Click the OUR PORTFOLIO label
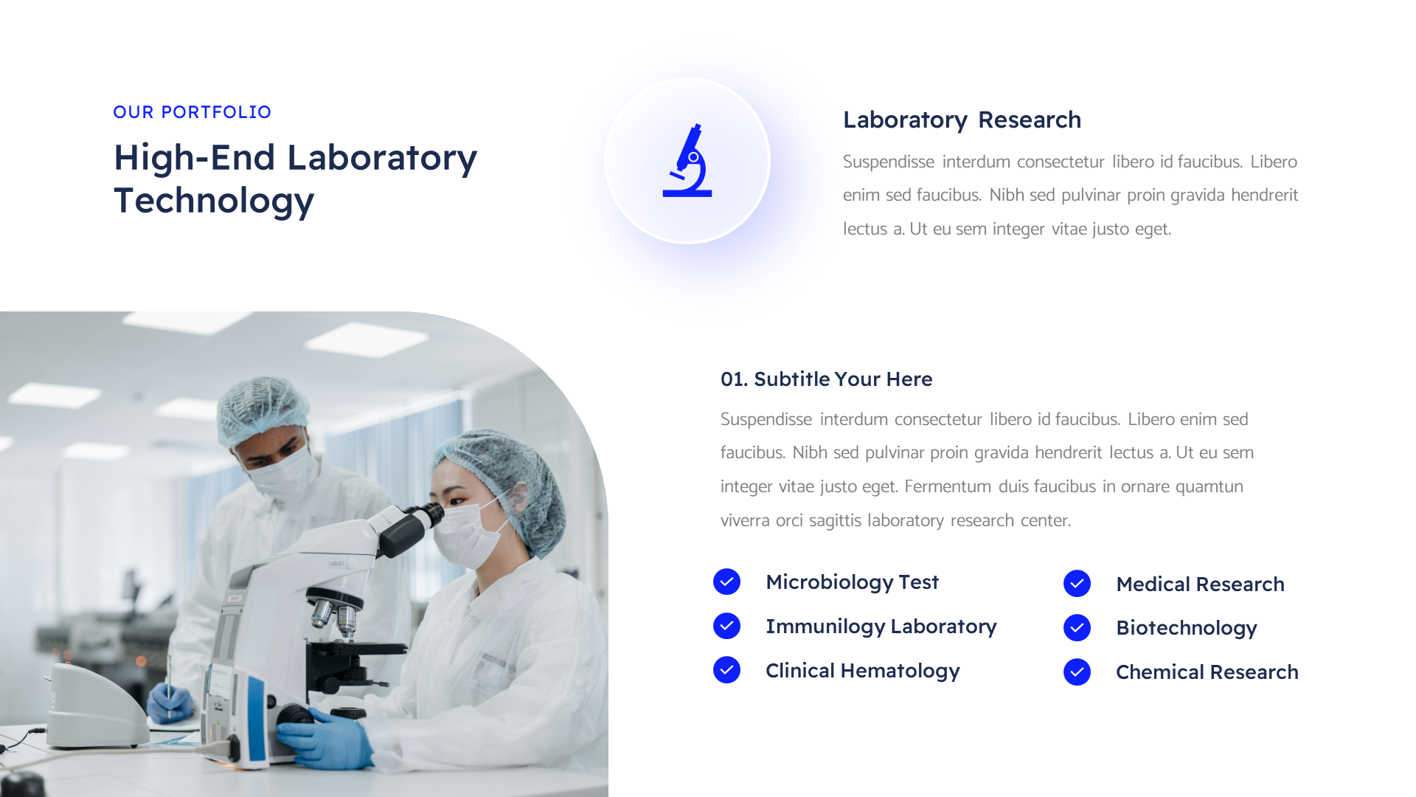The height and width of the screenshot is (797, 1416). tap(192, 112)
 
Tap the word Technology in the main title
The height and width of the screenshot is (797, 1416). tap(214, 201)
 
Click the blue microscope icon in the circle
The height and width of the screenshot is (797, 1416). tap(687, 161)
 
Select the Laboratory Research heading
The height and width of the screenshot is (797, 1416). tap(962, 120)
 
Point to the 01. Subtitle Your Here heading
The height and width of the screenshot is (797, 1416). tap(826, 379)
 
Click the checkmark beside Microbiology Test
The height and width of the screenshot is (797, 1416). tap(726, 582)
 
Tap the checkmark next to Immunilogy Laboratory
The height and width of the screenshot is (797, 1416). tap(726, 626)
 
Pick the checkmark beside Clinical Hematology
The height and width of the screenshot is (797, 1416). tap(726, 670)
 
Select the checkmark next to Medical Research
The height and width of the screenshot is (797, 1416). tap(1077, 584)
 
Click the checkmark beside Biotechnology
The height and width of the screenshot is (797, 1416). tap(1077, 628)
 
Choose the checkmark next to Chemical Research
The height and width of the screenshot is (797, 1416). tap(1077, 672)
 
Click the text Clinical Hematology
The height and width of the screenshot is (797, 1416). tap(862, 671)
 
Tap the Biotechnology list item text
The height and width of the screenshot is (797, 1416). tap(1186, 628)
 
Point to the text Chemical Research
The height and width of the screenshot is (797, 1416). tap(1207, 672)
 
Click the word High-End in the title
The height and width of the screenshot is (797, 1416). tap(194, 158)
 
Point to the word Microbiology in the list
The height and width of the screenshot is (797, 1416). tap(829, 582)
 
